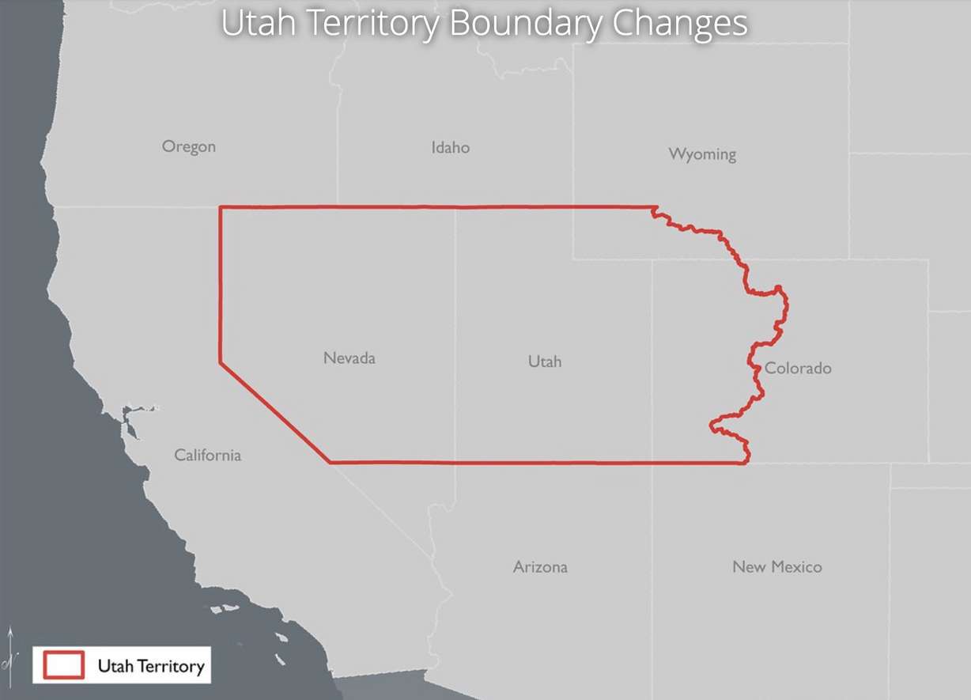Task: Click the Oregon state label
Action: (188, 146)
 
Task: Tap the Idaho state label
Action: (450, 147)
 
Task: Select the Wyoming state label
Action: (702, 153)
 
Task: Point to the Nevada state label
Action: (349, 358)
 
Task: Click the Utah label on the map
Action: (544, 361)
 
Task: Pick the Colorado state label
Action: (798, 368)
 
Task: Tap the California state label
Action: (207, 455)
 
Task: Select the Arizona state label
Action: (539, 567)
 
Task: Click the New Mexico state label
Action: (776, 567)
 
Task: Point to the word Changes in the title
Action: (678, 24)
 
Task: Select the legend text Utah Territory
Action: (150, 666)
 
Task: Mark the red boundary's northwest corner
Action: (220, 208)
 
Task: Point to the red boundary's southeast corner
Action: (745, 463)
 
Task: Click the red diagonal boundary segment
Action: (274, 412)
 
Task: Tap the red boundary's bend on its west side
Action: (220, 363)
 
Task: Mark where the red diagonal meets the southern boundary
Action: (330, 462)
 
